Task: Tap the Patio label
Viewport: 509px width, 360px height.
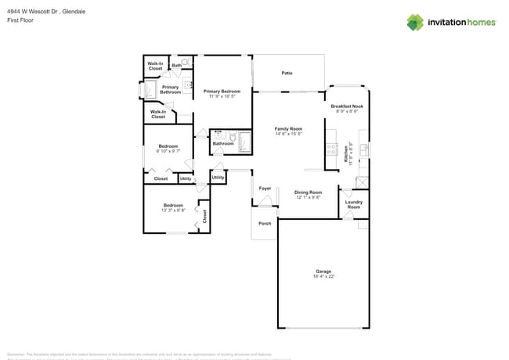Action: pos(287,73)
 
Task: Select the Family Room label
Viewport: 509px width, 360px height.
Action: pos(288,128)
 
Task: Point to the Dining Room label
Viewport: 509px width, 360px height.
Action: pos(308,192)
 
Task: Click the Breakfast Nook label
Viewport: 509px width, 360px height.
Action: pos(346,106)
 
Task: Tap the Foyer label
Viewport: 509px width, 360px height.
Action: pos(265,188)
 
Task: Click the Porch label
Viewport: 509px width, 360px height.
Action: pos(265,223)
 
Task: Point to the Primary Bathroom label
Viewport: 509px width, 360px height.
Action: pos(171,89)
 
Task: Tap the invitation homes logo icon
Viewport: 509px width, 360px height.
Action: pos(414,22)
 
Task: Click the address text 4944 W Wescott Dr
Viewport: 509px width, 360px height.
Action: pos(34,12)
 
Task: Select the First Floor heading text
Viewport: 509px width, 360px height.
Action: pos(20,20)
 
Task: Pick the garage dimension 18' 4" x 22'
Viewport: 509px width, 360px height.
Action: pos(324,275)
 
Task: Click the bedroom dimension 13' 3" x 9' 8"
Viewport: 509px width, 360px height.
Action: pos(173,210)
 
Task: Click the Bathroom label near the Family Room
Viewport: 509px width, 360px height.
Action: pos(223,143)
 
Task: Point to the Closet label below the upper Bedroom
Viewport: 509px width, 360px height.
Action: pos(161,178)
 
